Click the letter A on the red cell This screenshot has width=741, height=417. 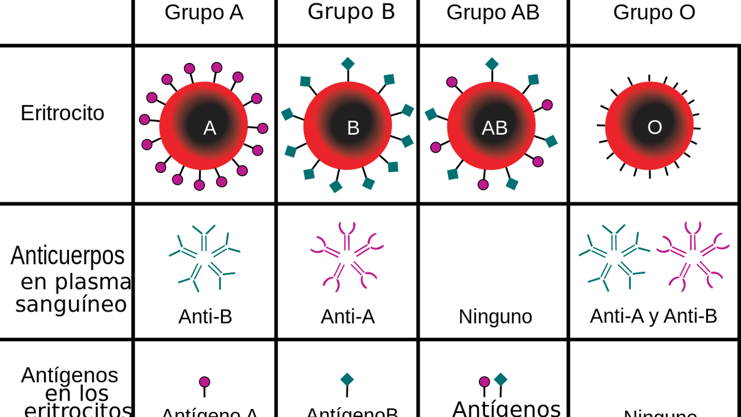click(209, 128)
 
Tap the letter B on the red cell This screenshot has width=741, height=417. click(353, 128)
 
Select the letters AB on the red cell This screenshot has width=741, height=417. click(494, 128)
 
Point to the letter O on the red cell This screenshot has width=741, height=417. click(654, 127)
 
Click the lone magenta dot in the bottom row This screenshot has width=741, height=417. click(205, 382)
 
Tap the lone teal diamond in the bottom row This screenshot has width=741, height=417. click(347, 379)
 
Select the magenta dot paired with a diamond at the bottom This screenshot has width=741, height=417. click(484, 382)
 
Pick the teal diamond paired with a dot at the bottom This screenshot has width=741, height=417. click(500, 379)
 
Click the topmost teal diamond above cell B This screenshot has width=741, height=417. click(348, 63)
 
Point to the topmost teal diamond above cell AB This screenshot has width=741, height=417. click(492, 63)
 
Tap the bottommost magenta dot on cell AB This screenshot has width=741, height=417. click(483, 184)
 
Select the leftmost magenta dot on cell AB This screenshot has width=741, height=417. click(436, 147)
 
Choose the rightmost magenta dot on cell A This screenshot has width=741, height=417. click(263, 128)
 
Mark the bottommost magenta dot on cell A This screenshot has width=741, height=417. click(199, 185)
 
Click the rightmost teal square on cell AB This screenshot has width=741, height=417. click(551, 141)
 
